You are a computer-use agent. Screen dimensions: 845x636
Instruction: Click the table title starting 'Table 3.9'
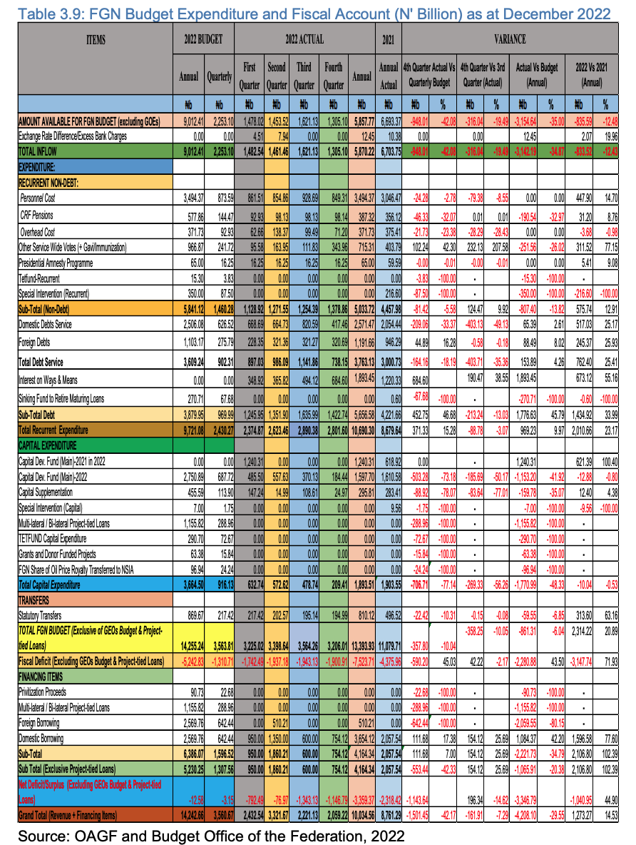pos(317,13)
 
